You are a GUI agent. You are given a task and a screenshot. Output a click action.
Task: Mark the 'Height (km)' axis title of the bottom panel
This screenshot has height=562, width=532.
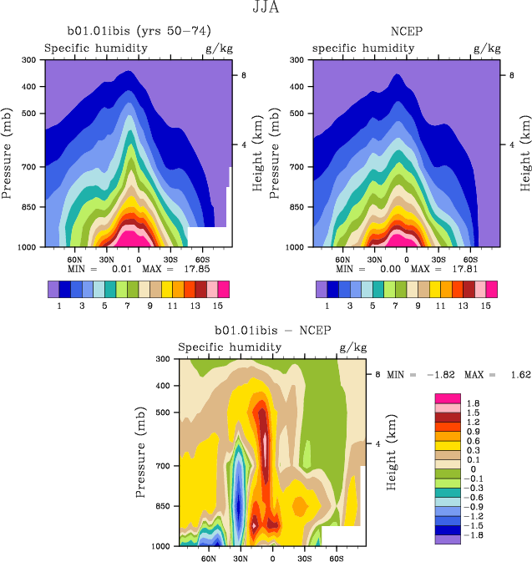click(391, 452)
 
